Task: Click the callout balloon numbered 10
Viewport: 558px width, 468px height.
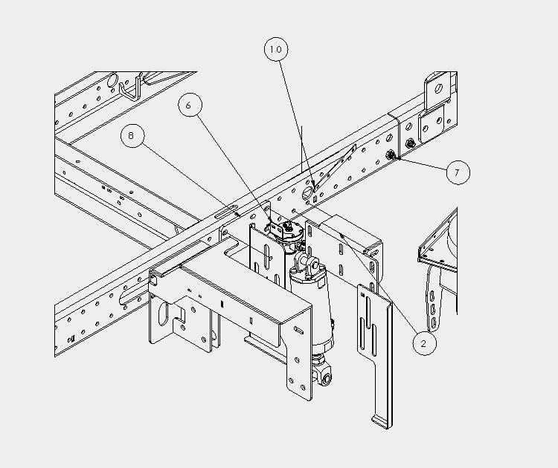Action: pos(276,49)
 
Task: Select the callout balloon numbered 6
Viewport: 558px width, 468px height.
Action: pos(190,105)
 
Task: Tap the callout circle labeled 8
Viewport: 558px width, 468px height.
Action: pos(132,135)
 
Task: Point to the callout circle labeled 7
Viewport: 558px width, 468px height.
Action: pos(458,172)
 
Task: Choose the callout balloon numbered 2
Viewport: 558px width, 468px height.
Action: pos(424,343)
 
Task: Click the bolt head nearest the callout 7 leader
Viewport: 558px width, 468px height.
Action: pos(391,155)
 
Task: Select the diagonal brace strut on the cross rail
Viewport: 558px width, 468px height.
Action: pos(335,168)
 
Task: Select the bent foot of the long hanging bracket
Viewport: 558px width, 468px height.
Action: pos(382,422)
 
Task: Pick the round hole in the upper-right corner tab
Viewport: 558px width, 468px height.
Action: pos(439,88)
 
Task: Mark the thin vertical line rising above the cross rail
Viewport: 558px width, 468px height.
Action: pos(302,149)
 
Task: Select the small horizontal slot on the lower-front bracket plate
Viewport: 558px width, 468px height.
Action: pos(300,331)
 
